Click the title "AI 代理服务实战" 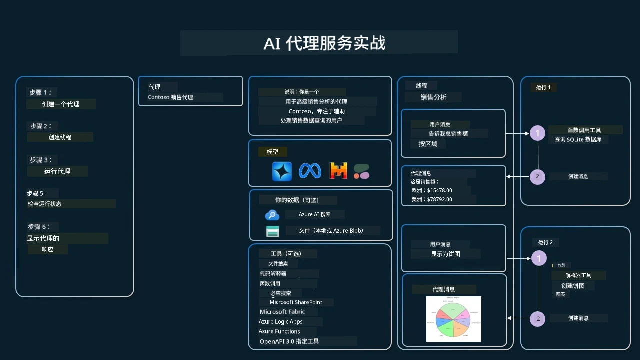[x=324, y=43]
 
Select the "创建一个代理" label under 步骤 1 [x=61, y=104]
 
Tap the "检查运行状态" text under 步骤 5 [x=45, y=204]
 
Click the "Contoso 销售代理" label [x=170, y=97]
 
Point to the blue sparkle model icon [x=282, y=171]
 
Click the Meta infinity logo [x=310, y=171]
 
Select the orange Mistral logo [x=338, y=171]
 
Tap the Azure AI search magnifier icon [x=272, y=215]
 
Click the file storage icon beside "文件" [x=272, y=231]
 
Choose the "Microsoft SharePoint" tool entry [x=296, y=302]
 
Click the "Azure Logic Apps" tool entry [x=280, y=322]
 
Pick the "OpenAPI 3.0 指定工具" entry [x=289, y=342]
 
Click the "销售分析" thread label [x=433, y=97]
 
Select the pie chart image [x=454, y=319]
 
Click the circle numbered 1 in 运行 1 [x=538, y=133]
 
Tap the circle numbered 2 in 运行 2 [x=538, y=319]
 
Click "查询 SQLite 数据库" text [x=578, y=140]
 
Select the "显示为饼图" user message [x=445, y=254]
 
